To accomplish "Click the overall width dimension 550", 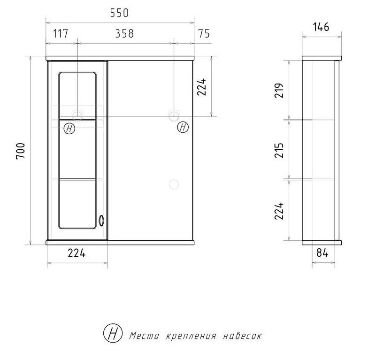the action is pyautogui.click(x=119, y=13).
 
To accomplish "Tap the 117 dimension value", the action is pyautogui.click(x=61, y=34).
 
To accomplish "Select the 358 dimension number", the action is pyautogui.click(x=124, y=34).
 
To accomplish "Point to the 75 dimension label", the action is pyautogui.click(x=204, y=34).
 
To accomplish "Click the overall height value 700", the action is pyautogui.click(x=21, y=151).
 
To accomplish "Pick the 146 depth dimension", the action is pyautogui.click(x=321, y=27).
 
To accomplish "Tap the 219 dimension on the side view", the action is pyautogui.click(x=279, y=90).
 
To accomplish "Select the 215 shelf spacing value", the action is pyautogui.click(x=279, y=150).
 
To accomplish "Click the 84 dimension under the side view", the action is pyautogui.click(x=322, y=253).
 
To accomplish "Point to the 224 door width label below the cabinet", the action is pyautogui.click(x=77, y=253).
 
